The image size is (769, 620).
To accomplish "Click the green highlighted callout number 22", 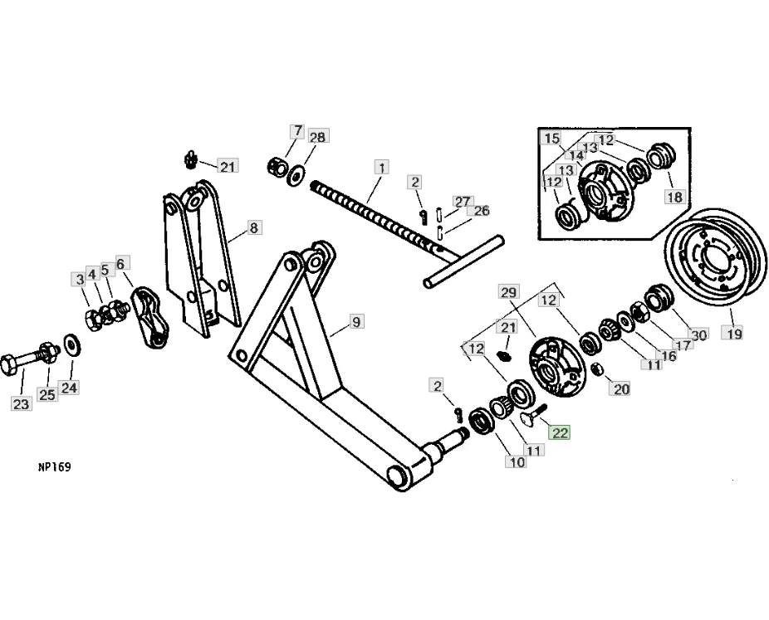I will click(561, 432).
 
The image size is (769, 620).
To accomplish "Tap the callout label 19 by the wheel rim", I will click(731, 334).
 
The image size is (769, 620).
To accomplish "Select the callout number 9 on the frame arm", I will click(356, 322).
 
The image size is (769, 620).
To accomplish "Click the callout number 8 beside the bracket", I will click(253, 227).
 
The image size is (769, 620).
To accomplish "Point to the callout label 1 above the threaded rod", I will click(380, 167).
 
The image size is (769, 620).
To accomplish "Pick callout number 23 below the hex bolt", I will click(20, 404).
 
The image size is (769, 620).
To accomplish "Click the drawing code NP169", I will click(55, 467).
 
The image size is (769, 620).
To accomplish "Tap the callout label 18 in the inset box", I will click(673, 197).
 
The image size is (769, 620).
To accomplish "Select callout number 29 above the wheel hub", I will click(508, 291).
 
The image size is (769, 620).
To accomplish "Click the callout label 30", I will click(699, 334).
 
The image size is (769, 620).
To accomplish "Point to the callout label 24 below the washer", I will click(69, 388).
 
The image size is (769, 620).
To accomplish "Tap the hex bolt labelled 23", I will click(25, 362).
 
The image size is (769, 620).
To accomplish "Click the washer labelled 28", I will click(295, 175).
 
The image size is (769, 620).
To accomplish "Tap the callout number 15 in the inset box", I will click(552, 139).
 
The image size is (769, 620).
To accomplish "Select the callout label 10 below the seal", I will click(517, 461).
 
